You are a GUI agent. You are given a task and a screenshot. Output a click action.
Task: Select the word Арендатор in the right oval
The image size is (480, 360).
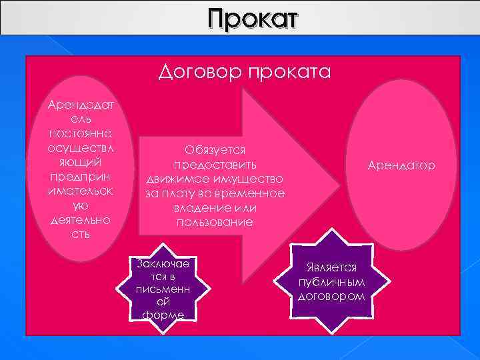tap(401, 165)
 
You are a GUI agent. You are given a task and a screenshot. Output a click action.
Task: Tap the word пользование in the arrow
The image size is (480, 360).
tap(215, 222)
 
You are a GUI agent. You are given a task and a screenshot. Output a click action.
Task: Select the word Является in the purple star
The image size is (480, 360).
tap(331, 266)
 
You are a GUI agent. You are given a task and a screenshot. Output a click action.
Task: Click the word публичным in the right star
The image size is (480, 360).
tap(331, 281)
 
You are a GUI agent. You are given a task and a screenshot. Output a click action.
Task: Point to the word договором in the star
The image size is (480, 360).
tap(331, 295)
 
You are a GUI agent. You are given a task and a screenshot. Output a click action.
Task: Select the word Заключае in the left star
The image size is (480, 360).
tap(163, 263)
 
